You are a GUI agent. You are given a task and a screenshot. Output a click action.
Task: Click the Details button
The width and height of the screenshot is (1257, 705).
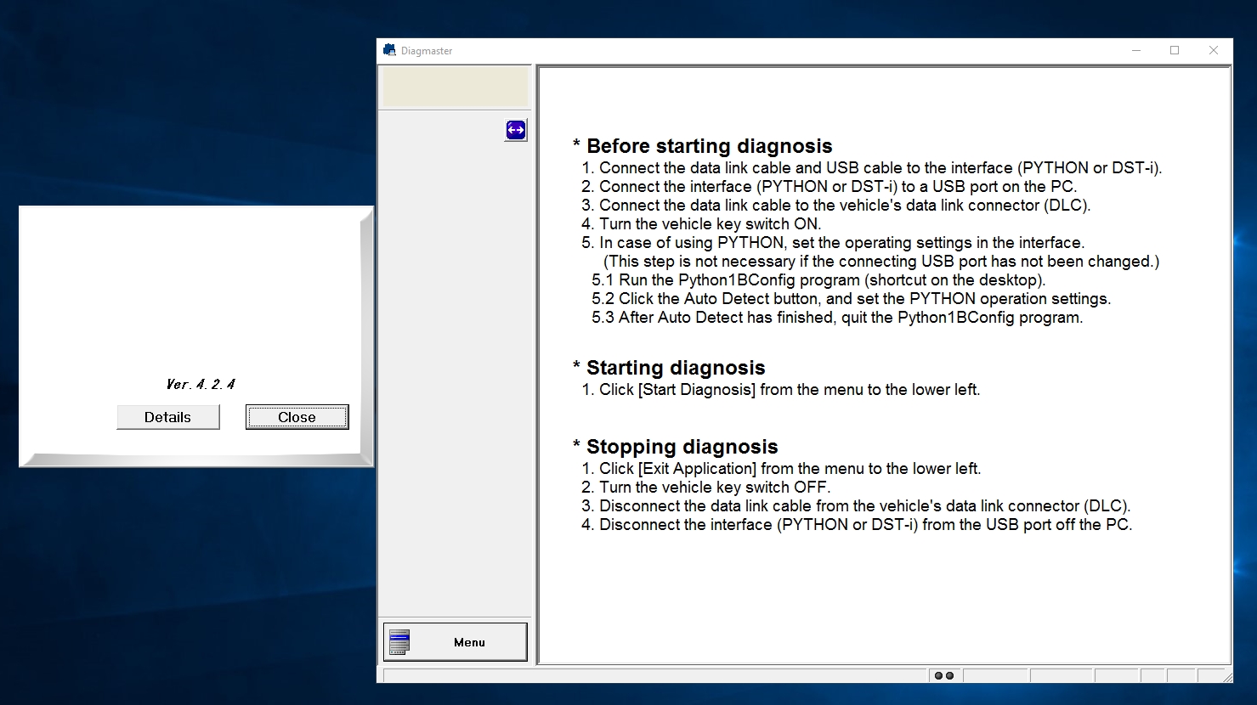[167, 417]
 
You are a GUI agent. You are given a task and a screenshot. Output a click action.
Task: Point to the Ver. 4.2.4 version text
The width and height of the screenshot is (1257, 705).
[201, 385]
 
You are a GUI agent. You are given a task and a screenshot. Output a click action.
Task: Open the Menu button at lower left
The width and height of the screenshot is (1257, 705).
[456, 642]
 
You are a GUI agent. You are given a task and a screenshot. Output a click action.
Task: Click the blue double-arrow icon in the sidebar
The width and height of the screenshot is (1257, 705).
[516, 130]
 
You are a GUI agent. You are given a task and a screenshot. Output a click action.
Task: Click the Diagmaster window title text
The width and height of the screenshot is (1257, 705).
[427, 51]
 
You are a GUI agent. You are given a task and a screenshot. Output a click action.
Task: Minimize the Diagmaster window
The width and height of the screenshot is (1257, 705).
[1136, 51]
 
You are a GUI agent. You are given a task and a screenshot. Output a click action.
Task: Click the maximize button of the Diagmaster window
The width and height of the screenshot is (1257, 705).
[1175, 51]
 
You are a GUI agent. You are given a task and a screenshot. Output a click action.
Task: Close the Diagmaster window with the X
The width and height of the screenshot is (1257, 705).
[1214, 51]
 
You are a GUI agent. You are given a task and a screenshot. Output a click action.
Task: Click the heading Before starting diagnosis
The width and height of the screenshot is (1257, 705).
[709, 146]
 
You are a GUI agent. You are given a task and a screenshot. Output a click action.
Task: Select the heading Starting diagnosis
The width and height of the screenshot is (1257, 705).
[676, 368]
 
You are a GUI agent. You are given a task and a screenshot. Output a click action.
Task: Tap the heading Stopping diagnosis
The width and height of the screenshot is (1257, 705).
[682, 447]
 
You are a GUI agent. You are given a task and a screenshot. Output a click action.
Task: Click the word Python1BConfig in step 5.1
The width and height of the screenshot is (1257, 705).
[738, 280]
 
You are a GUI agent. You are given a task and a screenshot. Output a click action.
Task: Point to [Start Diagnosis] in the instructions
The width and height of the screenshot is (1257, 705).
[696, 390]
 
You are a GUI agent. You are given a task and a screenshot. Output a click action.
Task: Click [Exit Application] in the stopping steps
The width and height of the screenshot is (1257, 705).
[697, 469]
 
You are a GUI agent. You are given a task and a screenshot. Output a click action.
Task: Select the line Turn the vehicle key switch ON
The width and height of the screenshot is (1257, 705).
[710, 224]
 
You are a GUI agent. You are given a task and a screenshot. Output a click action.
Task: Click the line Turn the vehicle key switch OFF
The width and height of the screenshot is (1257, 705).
[714, 488]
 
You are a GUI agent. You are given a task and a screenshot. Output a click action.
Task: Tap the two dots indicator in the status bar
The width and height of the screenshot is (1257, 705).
[943, 676]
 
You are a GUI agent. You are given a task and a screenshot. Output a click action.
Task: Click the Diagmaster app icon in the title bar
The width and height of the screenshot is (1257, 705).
[389, 51]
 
